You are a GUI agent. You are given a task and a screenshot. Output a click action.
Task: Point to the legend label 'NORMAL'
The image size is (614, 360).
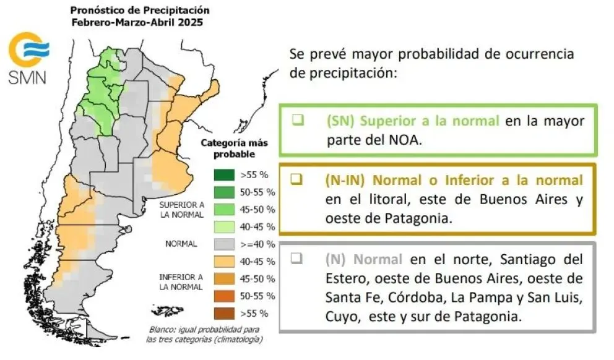click(181, 244)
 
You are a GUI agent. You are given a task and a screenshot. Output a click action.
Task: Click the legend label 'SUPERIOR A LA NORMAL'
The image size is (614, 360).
click(181, 209)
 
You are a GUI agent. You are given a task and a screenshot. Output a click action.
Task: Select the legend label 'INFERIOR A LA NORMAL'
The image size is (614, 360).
click(181, 282)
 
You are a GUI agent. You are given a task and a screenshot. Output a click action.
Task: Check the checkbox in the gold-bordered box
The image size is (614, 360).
click(296, 180)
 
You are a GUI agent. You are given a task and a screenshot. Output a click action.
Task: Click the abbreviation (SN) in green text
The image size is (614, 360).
click(340, 121)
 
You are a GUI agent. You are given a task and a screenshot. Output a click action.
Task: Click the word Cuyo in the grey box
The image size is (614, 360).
click(340, 317)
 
